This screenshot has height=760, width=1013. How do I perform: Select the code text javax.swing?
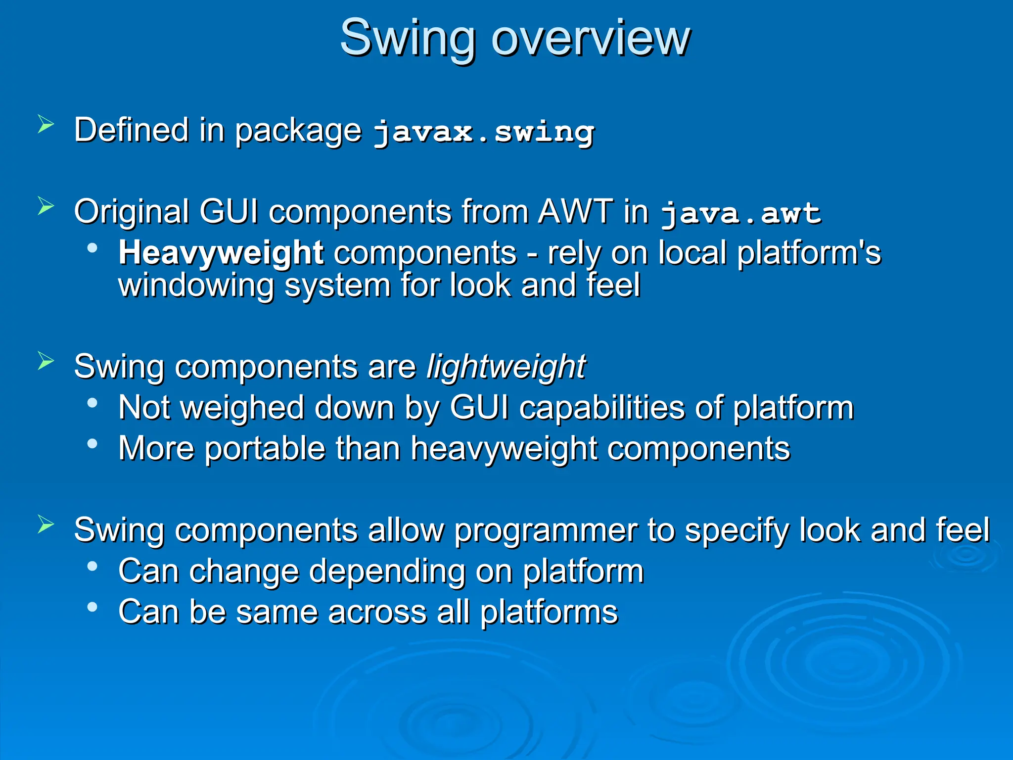coord(483,132)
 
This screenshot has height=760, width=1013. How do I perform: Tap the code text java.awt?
coord(740,213)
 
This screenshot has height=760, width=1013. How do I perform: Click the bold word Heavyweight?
coord(221,253)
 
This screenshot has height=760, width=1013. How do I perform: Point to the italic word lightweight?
coord(506,367)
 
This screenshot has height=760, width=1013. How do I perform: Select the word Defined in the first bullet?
coord(132,130)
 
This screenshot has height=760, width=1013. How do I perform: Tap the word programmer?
coord(546,530)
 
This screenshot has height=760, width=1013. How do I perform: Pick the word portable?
coord(265,448)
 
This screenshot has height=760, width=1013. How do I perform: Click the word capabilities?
coord(602,408)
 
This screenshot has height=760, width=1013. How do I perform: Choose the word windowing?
coord(196,285)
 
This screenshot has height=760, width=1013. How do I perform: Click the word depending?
coord(387,571)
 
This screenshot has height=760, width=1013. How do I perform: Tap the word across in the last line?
coord(377,612)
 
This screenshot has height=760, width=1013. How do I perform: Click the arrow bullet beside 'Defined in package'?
coord(46,124)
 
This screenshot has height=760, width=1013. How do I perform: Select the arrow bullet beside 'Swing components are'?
coord(46,361)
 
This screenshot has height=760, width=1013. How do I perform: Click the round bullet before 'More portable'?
coord(92,443)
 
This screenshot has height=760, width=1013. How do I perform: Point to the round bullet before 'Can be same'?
coord(92,607)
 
